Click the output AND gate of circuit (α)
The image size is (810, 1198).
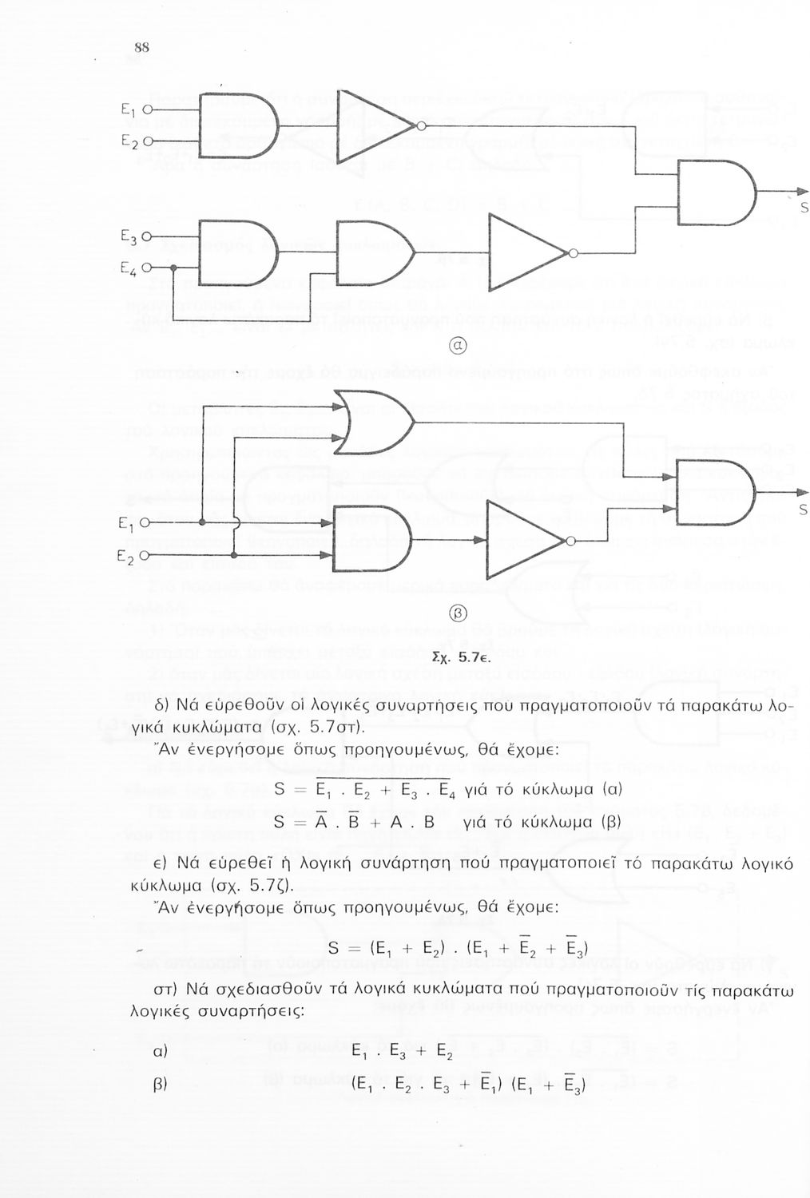[x=714, y=190]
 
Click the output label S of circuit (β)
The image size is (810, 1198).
[x=803, y=509]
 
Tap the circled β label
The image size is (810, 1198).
[x=459, y=614]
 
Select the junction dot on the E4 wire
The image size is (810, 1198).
[x=173, y=269]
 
